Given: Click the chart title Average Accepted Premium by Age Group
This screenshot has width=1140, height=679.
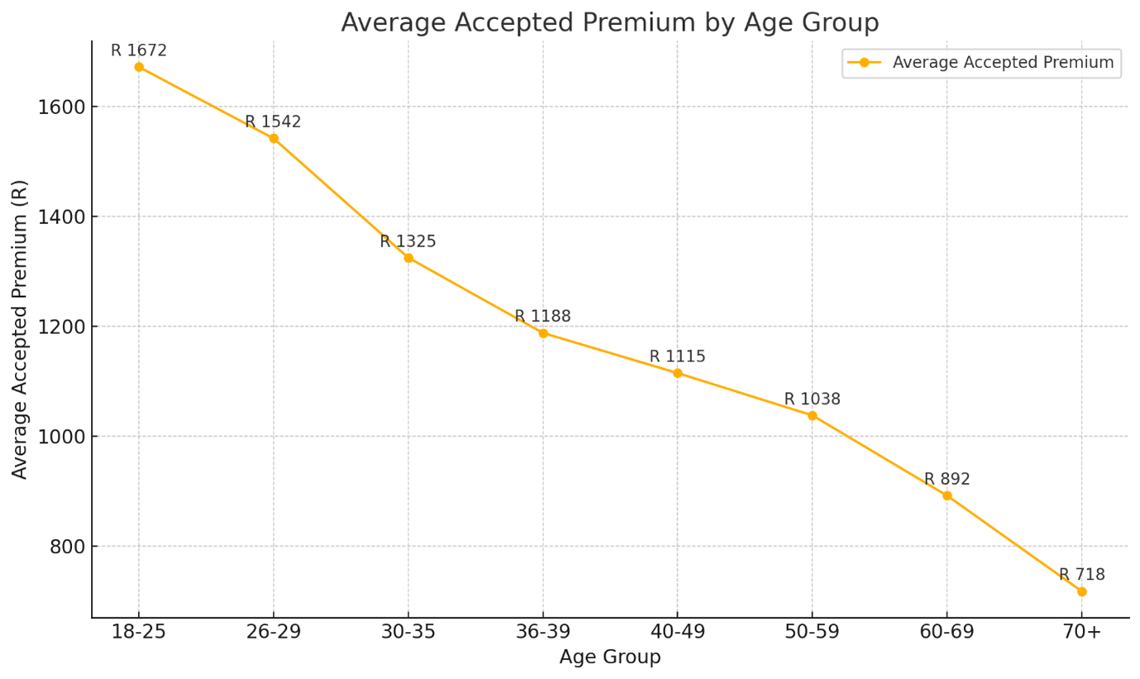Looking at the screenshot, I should click(609, 22).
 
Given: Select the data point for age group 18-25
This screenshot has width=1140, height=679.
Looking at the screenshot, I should click(139, 67).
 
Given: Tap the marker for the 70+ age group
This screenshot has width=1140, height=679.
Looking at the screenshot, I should click(1081, 591).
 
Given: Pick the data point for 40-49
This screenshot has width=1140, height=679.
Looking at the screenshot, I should click(677, 373).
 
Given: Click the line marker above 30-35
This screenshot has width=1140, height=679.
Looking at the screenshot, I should click(408, 258).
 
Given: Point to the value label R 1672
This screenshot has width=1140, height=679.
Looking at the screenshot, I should click(139, 50).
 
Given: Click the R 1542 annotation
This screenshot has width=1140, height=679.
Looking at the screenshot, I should click(273, 122).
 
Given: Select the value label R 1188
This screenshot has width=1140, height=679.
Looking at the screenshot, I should click(542, 316).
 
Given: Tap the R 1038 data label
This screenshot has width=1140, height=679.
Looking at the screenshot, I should click(812, 399).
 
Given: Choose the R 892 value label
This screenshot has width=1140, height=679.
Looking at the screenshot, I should click(947, 479).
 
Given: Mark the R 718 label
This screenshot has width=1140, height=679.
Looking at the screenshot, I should click(1081, 574).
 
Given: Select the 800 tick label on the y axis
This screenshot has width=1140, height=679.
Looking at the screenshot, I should click(66, 547).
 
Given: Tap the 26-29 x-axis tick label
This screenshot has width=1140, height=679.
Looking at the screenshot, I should click(273, 632).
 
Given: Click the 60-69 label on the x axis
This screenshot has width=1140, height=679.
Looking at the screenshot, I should click(947, 632).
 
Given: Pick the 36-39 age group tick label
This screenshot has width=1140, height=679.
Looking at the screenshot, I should click(542, 632).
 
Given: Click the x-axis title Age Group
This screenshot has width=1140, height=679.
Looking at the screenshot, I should click(609, 657).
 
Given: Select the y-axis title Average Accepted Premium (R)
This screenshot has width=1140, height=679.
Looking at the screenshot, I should click(20, 328).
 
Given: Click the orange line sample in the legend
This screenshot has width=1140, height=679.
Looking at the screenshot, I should click(864, 63).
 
